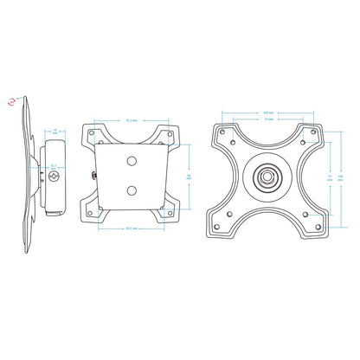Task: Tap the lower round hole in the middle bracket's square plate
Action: (x=133, y=189)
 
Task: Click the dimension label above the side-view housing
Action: (x=56, y=132)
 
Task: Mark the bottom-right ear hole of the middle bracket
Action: (x=170, y=212)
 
